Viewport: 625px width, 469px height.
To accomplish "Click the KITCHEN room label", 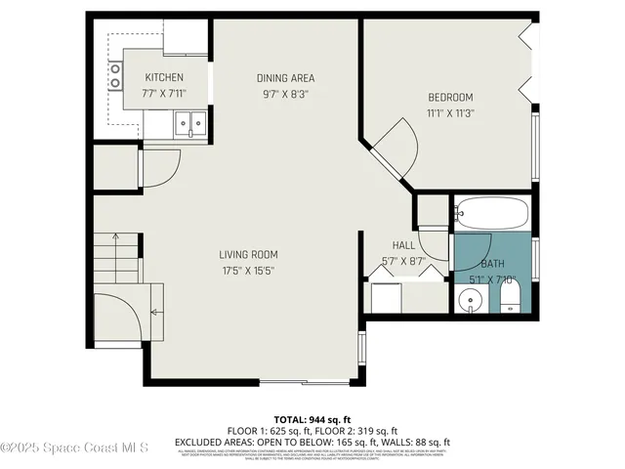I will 164,78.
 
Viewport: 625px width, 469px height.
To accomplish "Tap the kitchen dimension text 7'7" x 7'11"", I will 164,94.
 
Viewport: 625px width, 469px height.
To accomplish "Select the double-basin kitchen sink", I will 188,122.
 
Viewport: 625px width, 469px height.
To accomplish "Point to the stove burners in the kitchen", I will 115,76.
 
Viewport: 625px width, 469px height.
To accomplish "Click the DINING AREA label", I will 285,78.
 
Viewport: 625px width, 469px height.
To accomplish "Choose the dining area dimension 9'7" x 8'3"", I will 285,94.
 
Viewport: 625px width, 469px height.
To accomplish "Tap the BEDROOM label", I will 450,97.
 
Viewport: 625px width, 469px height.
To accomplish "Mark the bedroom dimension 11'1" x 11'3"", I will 450,112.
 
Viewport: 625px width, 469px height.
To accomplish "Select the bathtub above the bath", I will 491,212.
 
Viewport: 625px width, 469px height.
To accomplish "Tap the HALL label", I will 403,245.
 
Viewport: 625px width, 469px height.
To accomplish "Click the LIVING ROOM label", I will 248,255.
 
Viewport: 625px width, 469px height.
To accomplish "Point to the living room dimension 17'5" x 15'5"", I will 248,271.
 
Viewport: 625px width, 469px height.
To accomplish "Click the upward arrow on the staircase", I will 115,240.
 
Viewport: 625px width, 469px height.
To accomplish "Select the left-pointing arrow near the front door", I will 154,313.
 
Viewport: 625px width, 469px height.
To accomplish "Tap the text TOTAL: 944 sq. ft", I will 312,417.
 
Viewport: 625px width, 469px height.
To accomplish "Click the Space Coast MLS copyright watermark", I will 74,448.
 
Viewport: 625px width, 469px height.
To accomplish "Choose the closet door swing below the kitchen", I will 161,167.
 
